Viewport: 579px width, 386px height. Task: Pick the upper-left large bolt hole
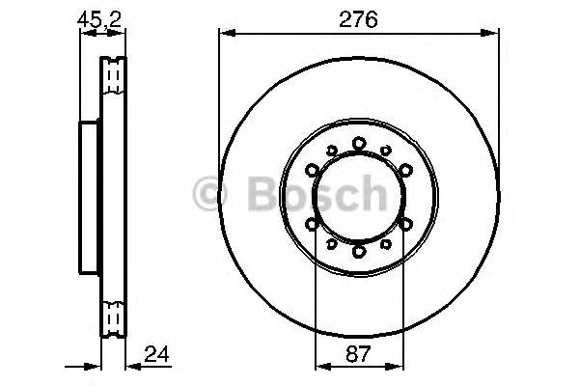pos(313,170)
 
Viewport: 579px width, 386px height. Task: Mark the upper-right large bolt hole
pos(405,170)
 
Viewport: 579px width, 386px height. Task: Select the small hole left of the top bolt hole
pos(332,150)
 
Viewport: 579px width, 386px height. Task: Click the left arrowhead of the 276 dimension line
pos(225,35)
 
